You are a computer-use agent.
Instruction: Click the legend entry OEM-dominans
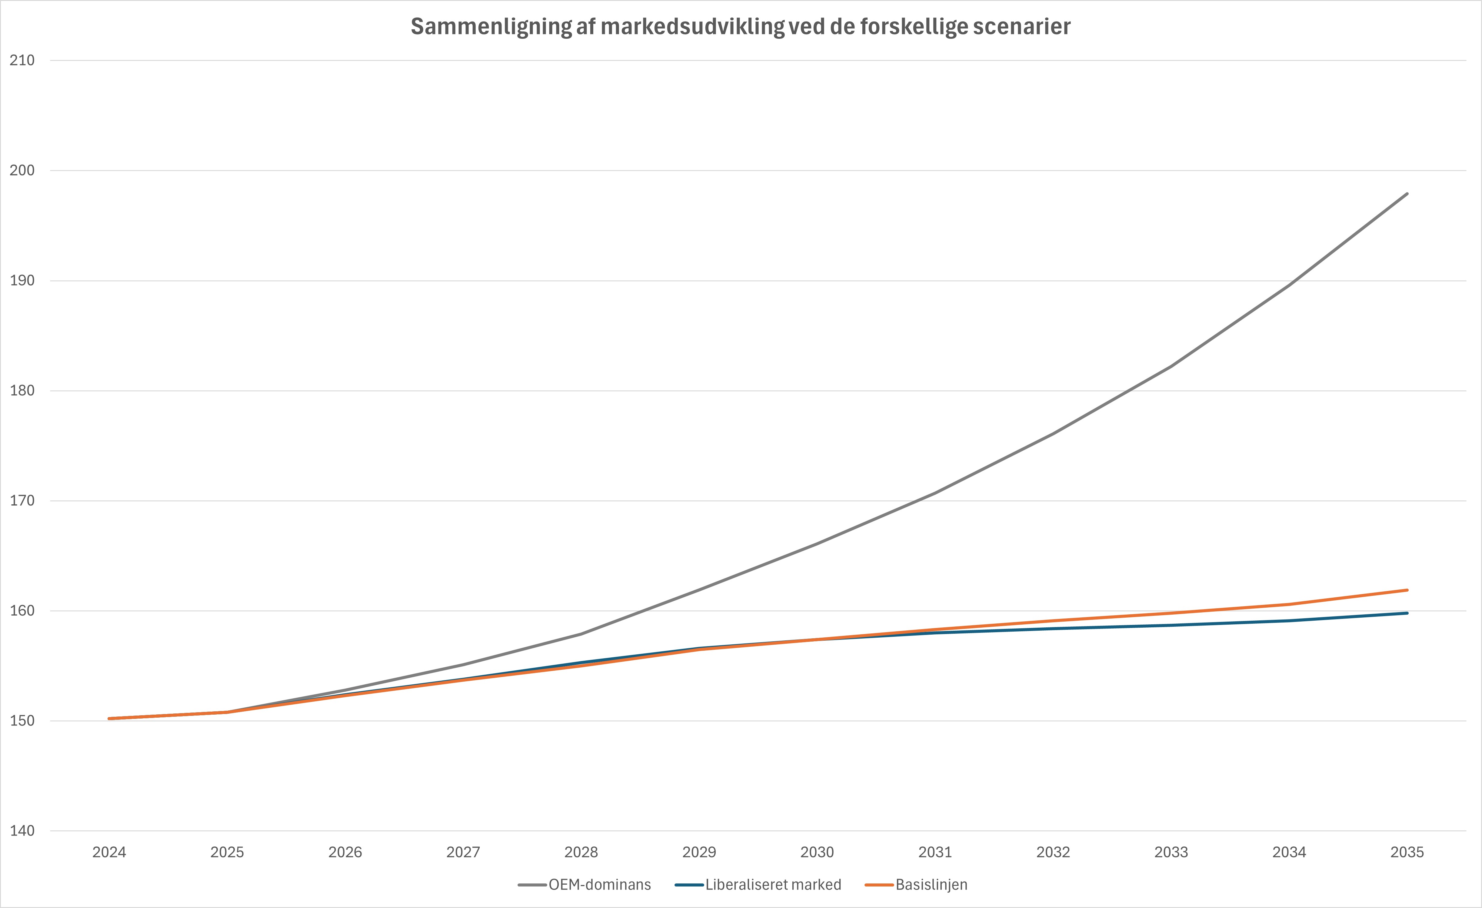(x=599, y=885)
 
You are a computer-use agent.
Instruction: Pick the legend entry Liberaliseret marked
(x=773, y=885)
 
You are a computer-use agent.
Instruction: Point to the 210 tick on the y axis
(x=22, y=60)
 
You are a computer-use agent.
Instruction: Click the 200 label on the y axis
(x=22, y=170)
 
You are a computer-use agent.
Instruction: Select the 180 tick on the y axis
(x=22, y=391)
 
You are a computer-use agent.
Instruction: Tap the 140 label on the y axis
(x=22, y=831)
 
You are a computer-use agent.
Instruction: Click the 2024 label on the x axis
(x=109, y=852)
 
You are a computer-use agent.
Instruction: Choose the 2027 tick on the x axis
(x=463, y=852)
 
